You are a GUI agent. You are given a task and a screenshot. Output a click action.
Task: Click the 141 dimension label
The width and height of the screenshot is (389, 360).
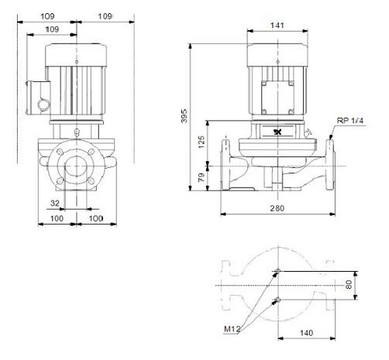pos(277,26)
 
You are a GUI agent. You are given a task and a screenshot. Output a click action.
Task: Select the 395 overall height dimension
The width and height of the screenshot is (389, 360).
pos(184,116)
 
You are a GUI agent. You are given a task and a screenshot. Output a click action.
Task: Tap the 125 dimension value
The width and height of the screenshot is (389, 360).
pos(201,142)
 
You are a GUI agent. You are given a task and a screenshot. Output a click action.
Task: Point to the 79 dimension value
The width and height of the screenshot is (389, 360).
pos(201,177)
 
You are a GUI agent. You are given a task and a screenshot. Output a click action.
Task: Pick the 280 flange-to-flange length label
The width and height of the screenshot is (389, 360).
pos(277,208)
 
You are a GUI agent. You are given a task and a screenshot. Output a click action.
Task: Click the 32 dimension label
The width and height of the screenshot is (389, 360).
pos(55,203)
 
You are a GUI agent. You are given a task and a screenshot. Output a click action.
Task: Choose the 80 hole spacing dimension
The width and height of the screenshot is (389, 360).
pos(349,285)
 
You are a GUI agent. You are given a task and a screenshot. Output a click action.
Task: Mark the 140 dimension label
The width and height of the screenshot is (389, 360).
pos(306,333)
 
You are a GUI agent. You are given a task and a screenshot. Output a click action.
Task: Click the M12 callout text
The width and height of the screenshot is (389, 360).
pos(232,329)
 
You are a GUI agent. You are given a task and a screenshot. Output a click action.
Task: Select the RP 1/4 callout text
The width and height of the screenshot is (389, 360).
pos(350,121)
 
